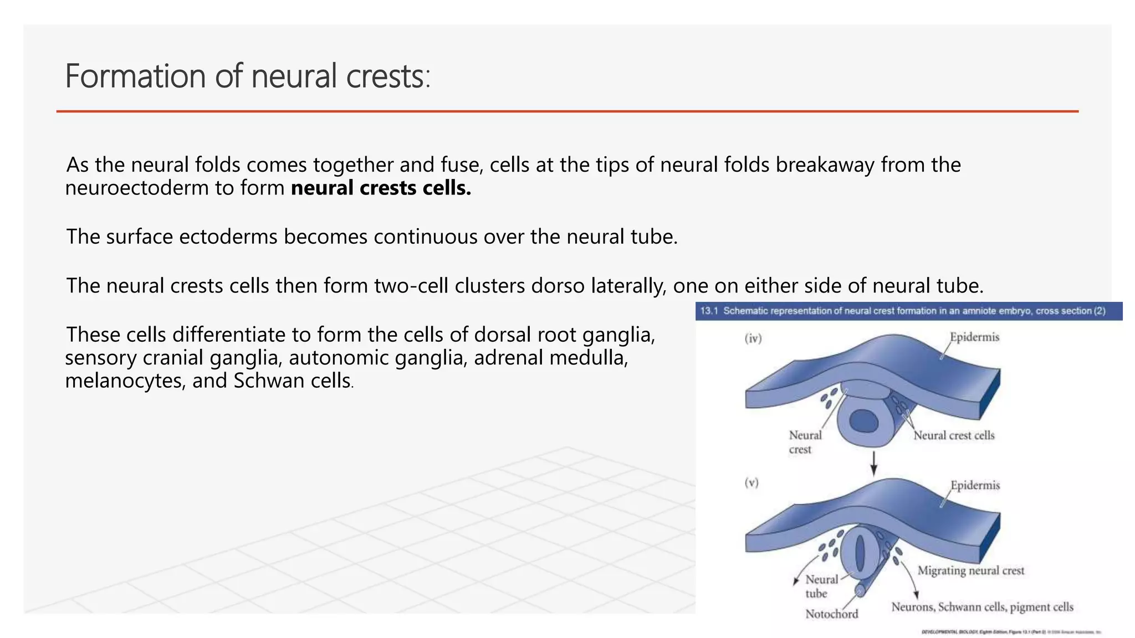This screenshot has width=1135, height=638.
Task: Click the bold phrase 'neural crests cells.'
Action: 381,188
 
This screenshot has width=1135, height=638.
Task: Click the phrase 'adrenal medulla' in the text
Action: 551,358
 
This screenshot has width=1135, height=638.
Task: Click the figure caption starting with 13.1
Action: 903,311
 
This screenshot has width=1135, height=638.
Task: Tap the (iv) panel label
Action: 753,338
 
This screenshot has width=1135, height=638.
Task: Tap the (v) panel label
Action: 751,483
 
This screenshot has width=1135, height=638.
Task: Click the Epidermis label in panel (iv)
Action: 974,337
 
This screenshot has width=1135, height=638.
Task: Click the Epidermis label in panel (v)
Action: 975,485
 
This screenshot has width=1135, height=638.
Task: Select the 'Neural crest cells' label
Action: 954,435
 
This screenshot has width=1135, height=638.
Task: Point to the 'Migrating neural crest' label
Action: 971,570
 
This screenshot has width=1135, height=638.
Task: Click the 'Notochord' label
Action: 831,614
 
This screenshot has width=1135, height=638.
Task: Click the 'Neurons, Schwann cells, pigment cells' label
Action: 982,607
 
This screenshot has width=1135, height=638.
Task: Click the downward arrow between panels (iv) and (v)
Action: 873,463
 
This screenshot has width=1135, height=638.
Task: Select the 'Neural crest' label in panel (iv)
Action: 805,442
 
